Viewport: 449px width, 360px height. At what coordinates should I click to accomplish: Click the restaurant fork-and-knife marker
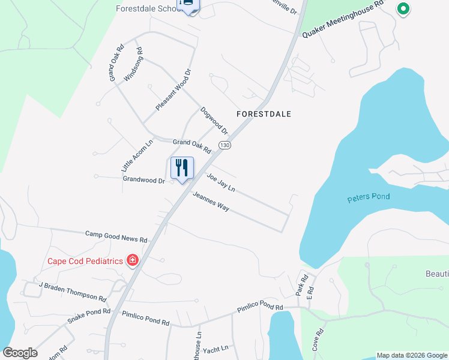[x=182, y=167]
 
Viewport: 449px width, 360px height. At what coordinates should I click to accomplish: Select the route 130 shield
[x=224, y=146]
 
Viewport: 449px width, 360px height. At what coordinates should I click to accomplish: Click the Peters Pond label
[x=369, y=197]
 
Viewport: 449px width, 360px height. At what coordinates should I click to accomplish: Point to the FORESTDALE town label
[x=264, y=113]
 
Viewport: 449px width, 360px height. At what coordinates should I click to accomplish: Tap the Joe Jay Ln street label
[x=220, y=182]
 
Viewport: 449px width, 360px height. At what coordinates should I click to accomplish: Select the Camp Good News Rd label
[x=116, y=236]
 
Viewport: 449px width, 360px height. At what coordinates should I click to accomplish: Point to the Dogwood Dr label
[x=214, y=121]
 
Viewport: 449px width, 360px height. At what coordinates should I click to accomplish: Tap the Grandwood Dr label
[x=143, y=179]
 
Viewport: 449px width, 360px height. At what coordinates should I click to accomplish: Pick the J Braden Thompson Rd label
[x=73, y=291]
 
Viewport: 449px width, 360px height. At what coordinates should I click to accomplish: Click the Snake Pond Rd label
[x=89, y=316]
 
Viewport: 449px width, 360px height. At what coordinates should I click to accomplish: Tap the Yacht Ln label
[x=216, y=348]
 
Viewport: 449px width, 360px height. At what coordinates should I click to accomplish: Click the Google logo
[x=20, y=352]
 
